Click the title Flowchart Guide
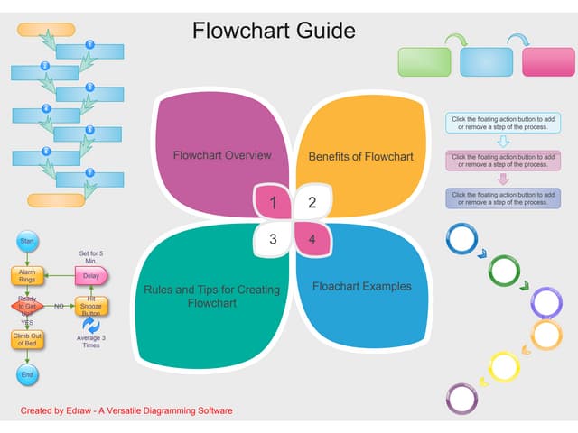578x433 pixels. [274, 31]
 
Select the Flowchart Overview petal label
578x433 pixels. [222, 155]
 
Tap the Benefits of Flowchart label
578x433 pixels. [360, 157]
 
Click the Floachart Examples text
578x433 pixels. [361, 287]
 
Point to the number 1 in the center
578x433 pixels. [273, 203]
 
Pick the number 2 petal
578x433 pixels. [312, 203]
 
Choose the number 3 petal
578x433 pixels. [273, 239]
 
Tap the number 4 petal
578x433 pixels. [312, 239]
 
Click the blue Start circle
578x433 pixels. [27, 241]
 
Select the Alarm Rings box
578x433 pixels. [27, 275]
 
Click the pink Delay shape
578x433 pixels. [91, 275]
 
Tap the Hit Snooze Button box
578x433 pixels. [91, 306]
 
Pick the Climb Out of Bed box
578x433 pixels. [27, 339]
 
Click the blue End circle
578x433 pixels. [27, 374]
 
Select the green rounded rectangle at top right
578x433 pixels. [424, 61]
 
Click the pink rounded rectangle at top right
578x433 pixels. [548, 61]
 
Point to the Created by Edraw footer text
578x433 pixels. [126, 411]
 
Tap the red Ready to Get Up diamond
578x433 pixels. [27, 306]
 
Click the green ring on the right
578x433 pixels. [504, 270]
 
